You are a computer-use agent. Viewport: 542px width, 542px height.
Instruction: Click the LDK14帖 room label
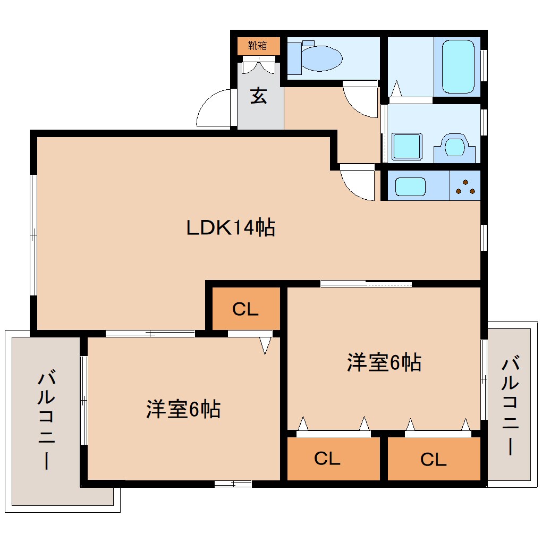230,228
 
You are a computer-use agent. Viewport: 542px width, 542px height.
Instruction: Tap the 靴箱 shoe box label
258,46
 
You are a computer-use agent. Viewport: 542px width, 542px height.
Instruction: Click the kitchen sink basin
410,187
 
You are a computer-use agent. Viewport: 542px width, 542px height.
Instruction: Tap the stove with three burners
465,186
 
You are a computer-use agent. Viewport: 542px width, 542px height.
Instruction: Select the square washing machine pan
406,146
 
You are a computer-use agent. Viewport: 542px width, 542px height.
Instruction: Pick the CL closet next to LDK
245,309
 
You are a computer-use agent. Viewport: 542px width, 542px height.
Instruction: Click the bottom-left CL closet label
327,459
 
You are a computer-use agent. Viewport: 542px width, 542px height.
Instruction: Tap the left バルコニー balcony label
46,420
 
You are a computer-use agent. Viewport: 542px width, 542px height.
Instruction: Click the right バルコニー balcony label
511,406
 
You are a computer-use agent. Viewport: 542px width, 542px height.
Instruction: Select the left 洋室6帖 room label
183,410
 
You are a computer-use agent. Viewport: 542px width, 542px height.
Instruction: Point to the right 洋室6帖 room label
384,362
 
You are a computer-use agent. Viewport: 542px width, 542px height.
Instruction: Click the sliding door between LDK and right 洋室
366,284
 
